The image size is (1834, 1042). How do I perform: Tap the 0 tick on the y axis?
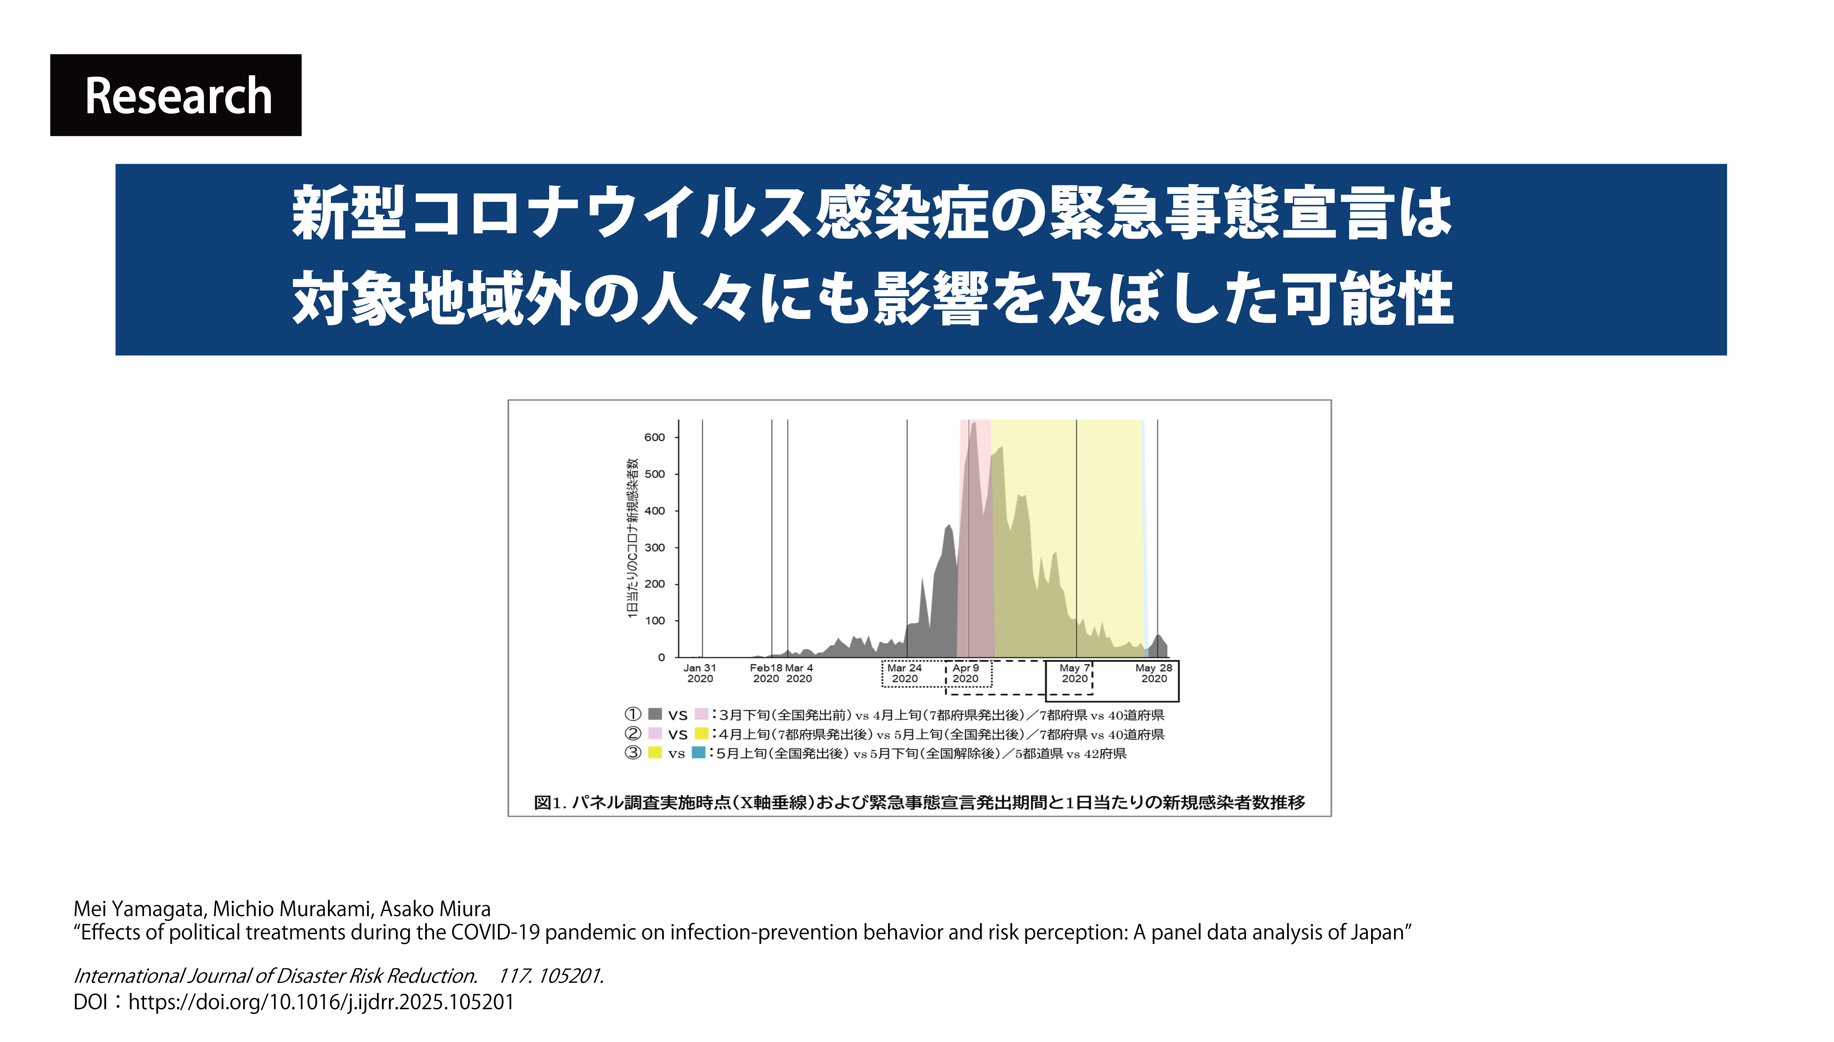(x=661, y=657)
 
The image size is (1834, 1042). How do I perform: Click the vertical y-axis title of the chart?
(x=632, y=538)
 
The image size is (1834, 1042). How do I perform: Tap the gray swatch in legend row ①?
(x=655, y=714)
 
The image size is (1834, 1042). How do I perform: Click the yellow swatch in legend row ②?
(x=701, y=733)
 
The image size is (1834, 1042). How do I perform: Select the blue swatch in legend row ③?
(x=698, y=752)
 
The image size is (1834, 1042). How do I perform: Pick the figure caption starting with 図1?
(x=920, y=802)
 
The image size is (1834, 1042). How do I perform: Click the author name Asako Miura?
(x=435, y=909)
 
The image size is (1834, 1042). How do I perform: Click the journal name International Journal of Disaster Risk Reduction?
(x=275, y=976)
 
